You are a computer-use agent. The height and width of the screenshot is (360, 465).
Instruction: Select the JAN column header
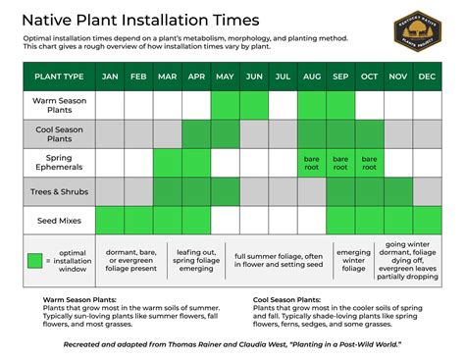(109, 76)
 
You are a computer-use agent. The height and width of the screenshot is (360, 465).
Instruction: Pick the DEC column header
(428, 76)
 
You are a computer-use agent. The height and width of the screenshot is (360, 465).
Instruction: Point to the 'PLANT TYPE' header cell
(59, 76)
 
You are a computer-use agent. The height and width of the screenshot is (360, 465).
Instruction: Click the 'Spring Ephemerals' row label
(59, 162)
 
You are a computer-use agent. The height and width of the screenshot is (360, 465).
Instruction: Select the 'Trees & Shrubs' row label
(59, 190)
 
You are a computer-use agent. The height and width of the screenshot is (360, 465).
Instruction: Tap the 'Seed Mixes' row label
(59, 220)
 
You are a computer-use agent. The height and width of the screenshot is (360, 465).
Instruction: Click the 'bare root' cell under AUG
(313, 162)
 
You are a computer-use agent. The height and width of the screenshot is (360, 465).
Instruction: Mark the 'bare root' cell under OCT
(371, 162)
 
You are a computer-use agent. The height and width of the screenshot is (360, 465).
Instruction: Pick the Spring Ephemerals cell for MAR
(167, 162)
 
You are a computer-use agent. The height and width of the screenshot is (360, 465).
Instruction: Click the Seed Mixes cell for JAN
(109, 220)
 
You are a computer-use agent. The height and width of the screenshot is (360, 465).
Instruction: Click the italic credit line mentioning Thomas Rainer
(232, 345)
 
